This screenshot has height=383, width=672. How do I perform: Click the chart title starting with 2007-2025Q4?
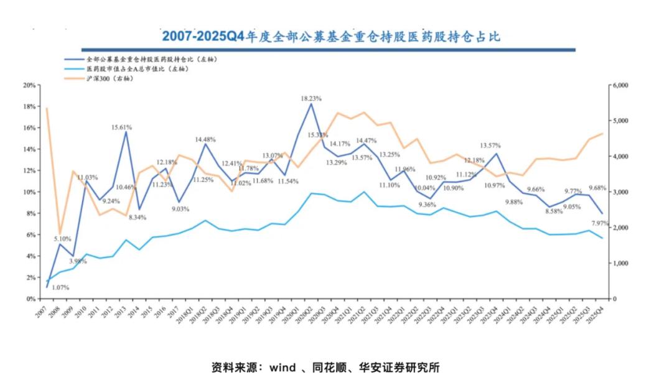(330, 35)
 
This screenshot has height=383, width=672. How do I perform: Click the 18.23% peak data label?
(311, 98)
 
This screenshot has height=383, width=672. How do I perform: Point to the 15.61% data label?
(121, 127)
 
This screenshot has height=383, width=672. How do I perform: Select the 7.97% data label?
(601, 224)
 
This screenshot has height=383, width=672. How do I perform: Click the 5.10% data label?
(62, 239)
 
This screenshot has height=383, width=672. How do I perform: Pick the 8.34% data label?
(138, 217)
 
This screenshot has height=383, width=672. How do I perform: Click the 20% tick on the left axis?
(28, 85)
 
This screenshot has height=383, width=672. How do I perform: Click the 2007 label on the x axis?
(41, 309)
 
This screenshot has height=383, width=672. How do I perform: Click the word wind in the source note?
(282, 367)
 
